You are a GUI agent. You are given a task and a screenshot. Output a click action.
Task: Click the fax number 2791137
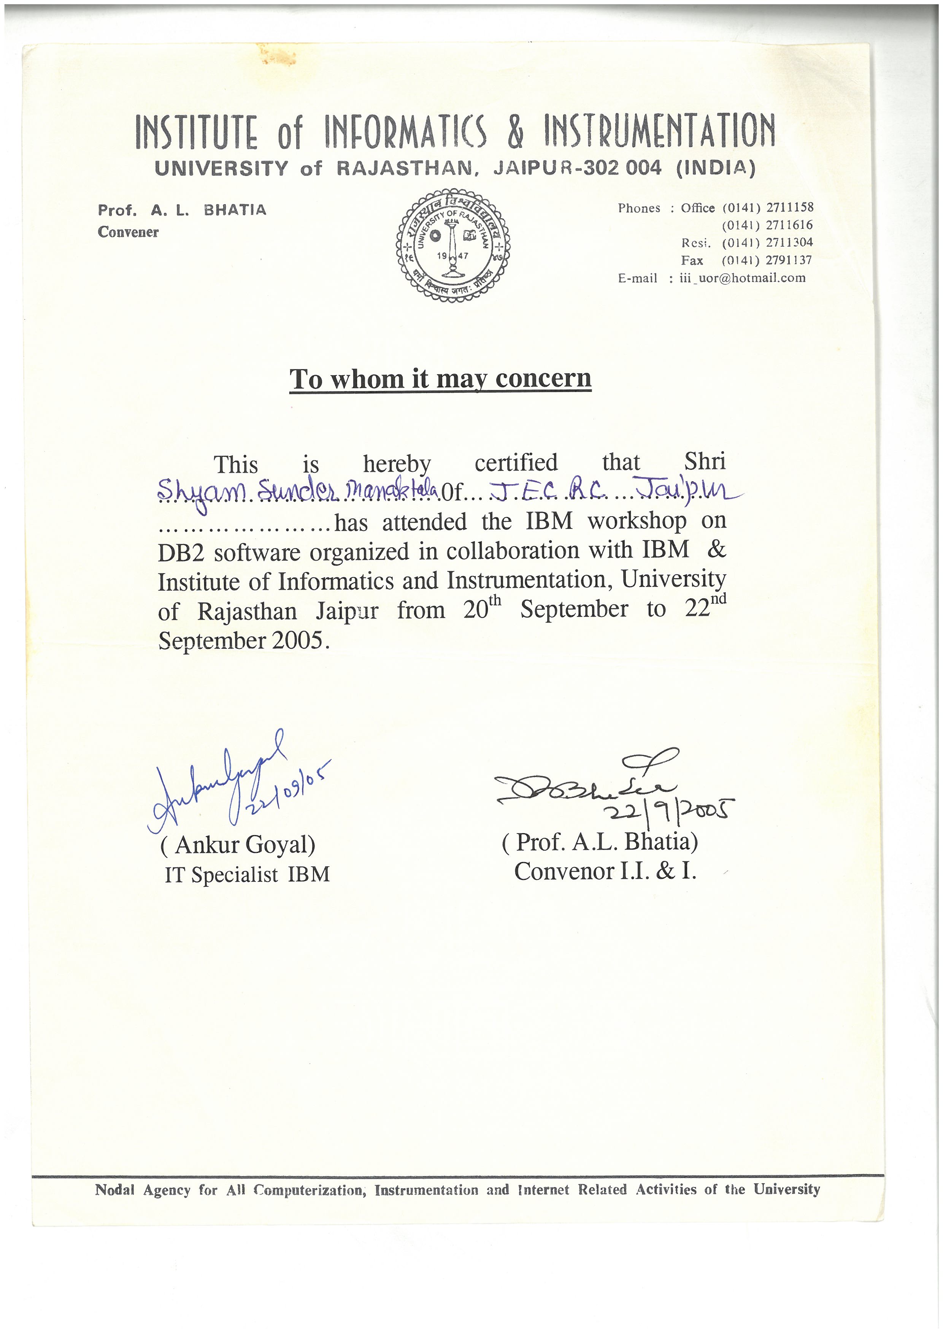[x=789, y=260]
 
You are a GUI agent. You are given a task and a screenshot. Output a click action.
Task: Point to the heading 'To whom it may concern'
[x=440, y=379]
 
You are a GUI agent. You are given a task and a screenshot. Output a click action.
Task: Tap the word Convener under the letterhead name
[x=128, y=232]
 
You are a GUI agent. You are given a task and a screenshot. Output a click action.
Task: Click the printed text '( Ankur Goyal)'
[x=238, y=845]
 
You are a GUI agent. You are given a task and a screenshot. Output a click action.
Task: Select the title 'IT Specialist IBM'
[x=247, y=874]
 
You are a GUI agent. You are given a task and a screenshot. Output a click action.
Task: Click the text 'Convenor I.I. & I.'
[x=605, y=871]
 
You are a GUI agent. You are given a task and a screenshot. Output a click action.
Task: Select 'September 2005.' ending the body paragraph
[x=244, y=641]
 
